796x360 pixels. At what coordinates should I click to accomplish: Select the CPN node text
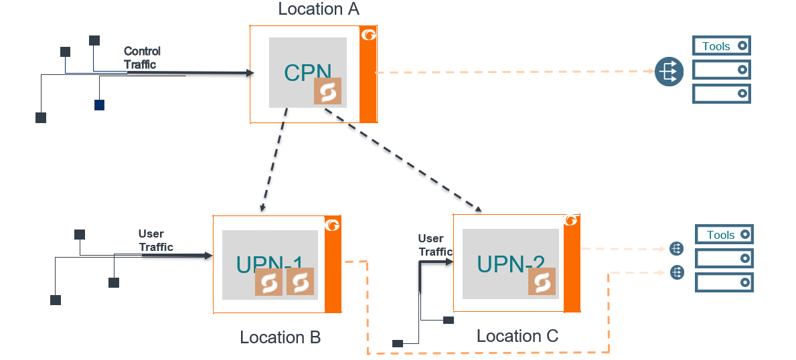click(307, 72)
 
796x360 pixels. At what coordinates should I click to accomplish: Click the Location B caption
click(280, 338)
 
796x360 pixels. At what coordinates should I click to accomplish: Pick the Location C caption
click(517, 336)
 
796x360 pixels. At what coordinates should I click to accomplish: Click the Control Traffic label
click(142, 58)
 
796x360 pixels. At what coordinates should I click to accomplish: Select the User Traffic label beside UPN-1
click(156, 241)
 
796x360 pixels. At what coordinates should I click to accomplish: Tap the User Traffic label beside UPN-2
click(434, 245)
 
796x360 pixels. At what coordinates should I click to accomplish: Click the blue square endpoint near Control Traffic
click(99, 104)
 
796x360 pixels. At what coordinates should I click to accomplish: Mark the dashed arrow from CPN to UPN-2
click(402, 160)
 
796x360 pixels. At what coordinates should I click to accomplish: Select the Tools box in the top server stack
click(721, 46)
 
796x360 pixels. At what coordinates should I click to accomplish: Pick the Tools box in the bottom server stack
click(725, 235)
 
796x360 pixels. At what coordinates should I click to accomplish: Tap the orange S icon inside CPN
click(327, 92)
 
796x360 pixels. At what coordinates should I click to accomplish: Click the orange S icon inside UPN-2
click(542, 282)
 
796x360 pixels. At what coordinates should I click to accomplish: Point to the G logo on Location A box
click(368, 35)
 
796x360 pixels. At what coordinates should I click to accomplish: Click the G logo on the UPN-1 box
click(332, 225)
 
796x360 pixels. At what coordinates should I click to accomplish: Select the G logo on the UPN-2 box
click(571, 221)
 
